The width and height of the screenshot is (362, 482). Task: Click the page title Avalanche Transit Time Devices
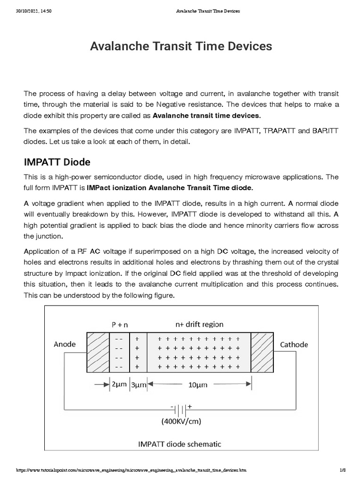(181, 46)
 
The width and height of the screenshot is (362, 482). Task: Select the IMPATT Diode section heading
(57, 162)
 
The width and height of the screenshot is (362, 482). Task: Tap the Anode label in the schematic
(65, 344)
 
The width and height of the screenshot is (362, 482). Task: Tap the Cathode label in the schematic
(294, 344)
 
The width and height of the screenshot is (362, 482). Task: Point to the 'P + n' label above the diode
(120, 324)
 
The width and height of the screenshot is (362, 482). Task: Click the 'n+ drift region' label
(199, 324)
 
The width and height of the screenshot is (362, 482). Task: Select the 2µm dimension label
(119, 385)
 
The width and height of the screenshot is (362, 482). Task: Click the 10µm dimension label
(198, 385)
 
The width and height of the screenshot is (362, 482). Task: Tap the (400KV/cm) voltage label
(181, 421)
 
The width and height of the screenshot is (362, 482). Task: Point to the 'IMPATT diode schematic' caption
(179, 444)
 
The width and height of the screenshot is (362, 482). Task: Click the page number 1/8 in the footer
(343, 471)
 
